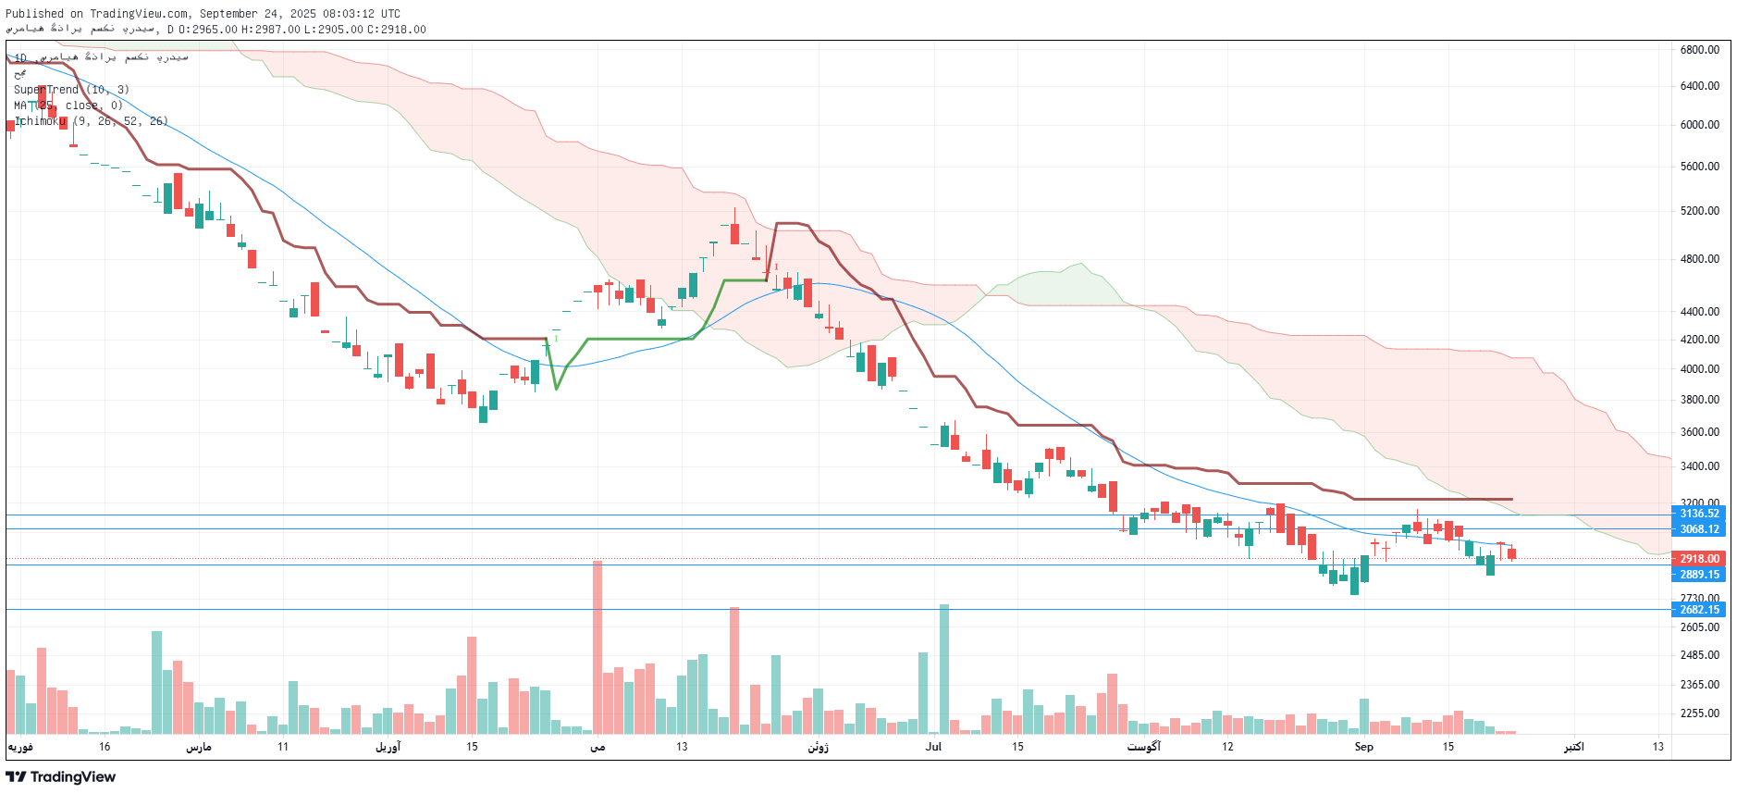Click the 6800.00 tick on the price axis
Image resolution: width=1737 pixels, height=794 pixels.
coord(1699,50)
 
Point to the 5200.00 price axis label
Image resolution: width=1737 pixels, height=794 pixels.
coord(1699,211)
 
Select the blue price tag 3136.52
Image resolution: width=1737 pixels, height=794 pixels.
coord(1699,514)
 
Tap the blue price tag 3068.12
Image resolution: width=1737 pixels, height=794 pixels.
coord(1699,529)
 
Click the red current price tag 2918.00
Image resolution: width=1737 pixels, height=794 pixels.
coord(1699,559)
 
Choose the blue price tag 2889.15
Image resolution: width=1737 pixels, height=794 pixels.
coord(1699,575)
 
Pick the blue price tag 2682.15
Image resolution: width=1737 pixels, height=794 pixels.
coord(1699,610)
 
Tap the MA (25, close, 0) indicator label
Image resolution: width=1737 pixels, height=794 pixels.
coord(68,105)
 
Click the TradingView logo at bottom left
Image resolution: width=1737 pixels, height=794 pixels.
coord(61,776)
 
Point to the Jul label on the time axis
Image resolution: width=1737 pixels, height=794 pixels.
coord(933,747)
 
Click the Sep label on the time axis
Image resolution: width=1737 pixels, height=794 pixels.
coord(1363,747)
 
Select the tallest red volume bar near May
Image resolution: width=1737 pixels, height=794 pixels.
coord(597,648)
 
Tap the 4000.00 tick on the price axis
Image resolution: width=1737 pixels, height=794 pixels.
coord(1699,369)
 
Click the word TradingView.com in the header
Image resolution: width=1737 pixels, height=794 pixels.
coord(139,14)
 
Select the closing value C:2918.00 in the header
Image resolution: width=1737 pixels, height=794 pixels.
coord(397,30)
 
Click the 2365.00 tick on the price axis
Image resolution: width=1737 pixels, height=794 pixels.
coord(1699,685)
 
